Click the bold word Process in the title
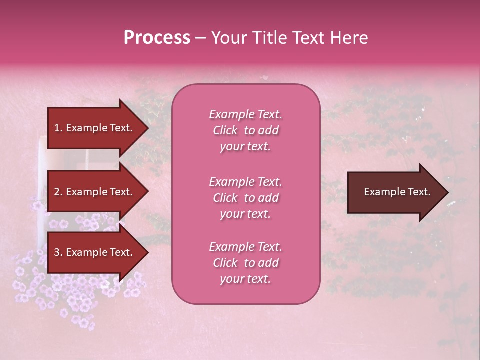[157, 38]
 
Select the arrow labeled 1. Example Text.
[95, 128]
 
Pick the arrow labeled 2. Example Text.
[95, 192]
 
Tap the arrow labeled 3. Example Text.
[95, 252]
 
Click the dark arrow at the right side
[395, 192]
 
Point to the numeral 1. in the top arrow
[58, 128]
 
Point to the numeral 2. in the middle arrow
[58, 192]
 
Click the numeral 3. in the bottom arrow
[58, 252]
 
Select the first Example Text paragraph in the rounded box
[245, 130]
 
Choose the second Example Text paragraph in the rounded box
[245, 198]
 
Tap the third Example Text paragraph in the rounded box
[245, 263]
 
